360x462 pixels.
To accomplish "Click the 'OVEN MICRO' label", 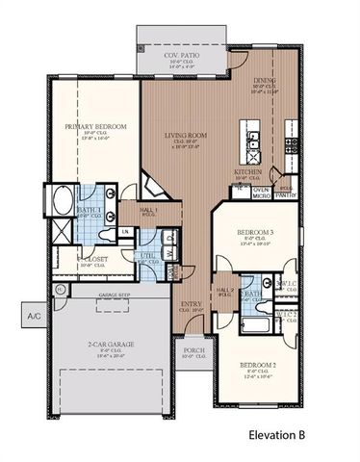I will (260, 192).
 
